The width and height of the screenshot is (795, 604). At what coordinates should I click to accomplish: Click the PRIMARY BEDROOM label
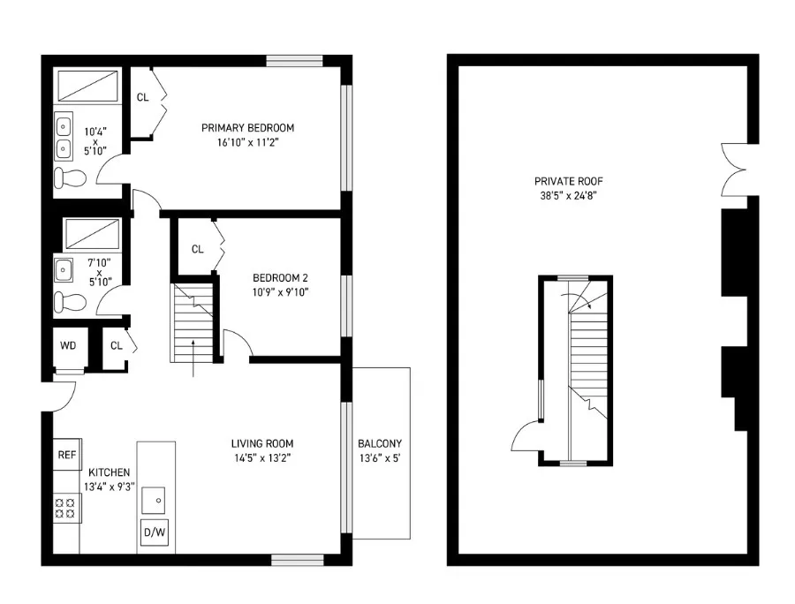(x=246, y=128)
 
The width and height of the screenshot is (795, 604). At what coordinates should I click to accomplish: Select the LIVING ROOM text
(x=261, y=443)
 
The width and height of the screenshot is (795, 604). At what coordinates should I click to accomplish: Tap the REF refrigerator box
(x=67, y=456)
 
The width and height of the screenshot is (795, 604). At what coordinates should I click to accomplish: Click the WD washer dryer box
(x=68, y=345)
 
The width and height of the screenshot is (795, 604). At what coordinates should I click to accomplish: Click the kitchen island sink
(x=156, y=500)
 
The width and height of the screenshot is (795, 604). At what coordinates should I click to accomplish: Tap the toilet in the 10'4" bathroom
(x=70, y=179)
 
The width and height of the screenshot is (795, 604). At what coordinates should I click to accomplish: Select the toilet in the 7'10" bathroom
(x=68, y=303)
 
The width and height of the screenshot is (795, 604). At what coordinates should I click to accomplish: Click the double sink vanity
(x=64, y=138)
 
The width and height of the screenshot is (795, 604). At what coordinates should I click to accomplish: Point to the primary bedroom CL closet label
(x=142, y=97)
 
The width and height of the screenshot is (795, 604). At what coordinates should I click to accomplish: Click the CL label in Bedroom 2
(x=197, y=249)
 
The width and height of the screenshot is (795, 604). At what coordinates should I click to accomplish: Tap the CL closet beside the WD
(x=116, y=345)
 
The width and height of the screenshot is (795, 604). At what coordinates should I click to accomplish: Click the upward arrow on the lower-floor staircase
(x=194, y=351)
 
